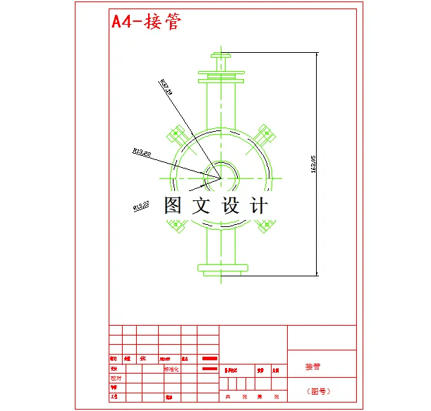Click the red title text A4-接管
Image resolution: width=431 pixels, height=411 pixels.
147,21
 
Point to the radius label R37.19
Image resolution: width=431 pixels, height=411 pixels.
167,87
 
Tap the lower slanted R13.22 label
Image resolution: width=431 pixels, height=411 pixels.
142,207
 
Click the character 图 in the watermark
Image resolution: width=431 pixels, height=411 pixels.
174,206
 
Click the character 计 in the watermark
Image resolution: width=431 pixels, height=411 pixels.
259,206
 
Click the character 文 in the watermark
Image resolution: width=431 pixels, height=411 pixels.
202,206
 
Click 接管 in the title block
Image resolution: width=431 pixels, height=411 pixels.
312,367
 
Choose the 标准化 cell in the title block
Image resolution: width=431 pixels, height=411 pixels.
171,368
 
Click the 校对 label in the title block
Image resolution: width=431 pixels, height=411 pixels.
116,377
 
